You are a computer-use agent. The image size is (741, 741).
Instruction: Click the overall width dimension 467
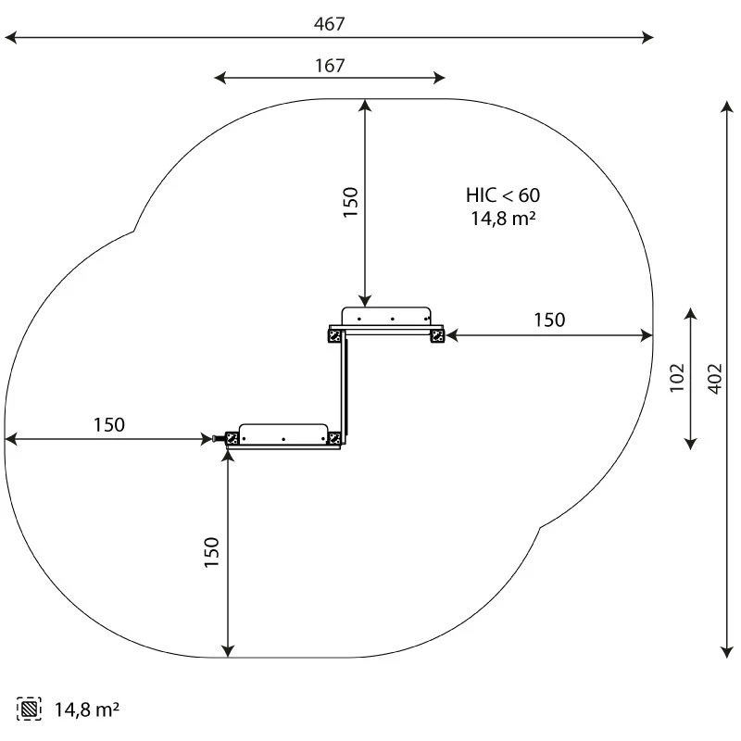(x=330, y=24)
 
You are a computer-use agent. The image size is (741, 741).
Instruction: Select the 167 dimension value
(x=330, y=66)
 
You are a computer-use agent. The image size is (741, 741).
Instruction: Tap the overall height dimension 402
(x=715, y=379)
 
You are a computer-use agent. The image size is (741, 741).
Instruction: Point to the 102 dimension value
(x=677, y=378)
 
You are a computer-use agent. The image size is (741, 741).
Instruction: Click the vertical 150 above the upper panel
(x=351, y=202)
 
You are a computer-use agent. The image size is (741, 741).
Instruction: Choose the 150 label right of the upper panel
(x=549, y=320)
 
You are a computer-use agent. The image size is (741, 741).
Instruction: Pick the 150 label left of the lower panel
(x=108, y=425)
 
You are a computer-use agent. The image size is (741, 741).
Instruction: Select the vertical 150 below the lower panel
(x=211, y=552)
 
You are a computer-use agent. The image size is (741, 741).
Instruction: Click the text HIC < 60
(x=503, y=195)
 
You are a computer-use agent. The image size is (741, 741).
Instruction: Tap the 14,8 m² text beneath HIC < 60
(x=503, y=219)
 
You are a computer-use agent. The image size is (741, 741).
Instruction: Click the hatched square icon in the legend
(x=29, y=709)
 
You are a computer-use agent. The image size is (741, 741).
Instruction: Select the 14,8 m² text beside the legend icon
(x=87, y=710)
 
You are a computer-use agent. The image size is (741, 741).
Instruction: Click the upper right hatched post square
(x=437, y=336)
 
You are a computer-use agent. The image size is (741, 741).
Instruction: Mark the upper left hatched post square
(x=334, y=336)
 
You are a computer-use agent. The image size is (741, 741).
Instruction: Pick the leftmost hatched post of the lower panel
(x=232, y=438)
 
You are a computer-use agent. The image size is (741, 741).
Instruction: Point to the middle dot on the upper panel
(x=392, y=319)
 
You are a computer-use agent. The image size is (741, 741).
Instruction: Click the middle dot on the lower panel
(x=283, y=439)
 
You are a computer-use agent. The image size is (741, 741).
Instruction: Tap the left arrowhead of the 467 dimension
(x=10, y=37)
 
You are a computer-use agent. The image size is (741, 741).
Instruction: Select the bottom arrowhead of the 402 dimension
(x=727, y=652)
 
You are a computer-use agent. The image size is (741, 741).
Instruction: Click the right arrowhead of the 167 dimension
(x=439, y=78)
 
